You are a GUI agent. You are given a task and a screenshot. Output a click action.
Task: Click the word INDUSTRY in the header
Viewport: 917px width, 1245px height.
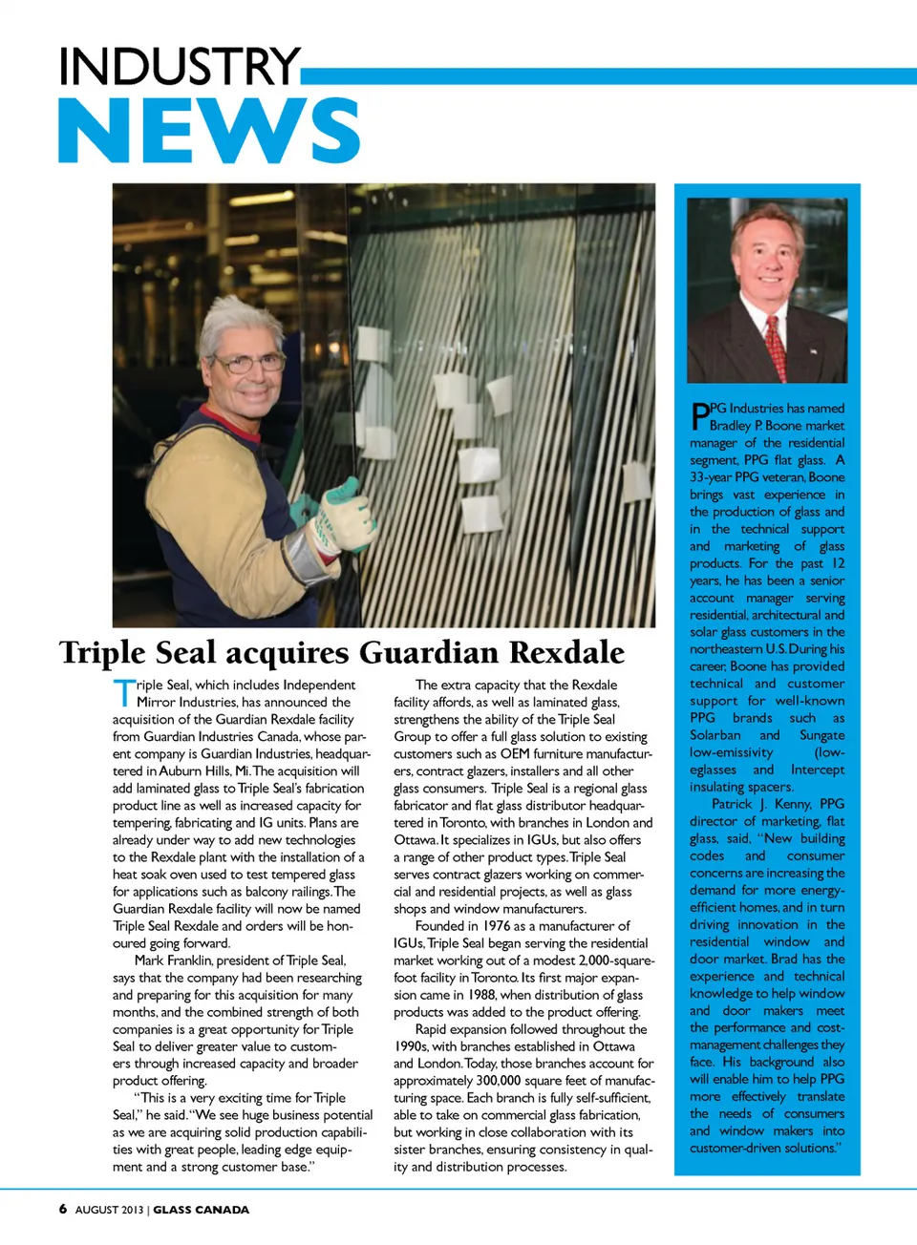coord(179,68)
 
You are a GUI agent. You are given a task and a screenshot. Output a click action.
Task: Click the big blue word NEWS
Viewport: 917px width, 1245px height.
coord(208,131)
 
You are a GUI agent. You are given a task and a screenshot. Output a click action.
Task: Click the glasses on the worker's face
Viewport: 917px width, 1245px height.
coord(247,363)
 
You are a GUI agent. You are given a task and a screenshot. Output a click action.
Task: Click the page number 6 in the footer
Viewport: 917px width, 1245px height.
coord(63,1209)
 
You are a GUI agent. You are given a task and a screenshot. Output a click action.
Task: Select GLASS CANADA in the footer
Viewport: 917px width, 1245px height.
coord(201,1210)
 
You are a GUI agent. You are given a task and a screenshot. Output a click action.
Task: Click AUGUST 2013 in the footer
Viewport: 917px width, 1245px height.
coord(109,1210)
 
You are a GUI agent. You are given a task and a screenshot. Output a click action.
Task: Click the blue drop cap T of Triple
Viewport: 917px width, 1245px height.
coord(123,693)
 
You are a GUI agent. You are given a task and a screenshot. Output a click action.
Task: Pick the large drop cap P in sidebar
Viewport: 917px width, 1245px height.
coord(699,416)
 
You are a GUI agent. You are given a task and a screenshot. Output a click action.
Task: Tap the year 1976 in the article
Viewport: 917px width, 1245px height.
coord(497,926)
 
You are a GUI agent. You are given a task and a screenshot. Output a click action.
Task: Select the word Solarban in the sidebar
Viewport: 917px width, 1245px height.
coord(714,735)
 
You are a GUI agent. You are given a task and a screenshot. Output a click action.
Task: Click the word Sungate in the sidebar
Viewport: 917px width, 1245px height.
coord(821,735)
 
